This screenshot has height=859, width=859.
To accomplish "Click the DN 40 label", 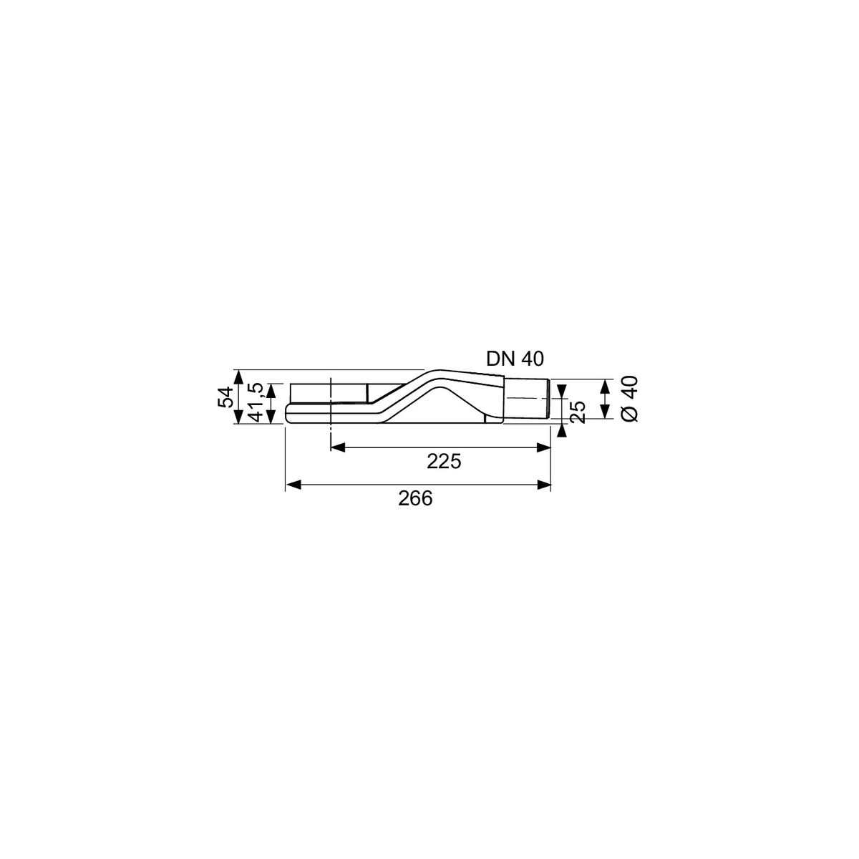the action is coord(515,359).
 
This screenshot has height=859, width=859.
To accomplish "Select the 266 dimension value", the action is coord(415,498).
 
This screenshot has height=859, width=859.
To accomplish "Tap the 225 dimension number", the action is coord(444,462).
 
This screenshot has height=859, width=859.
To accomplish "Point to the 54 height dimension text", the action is coord(225,397).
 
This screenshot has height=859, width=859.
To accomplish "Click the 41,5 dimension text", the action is coord(257,402).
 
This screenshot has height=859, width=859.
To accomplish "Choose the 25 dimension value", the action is coord(578,412).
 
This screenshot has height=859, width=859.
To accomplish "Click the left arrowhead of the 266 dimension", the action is coord(293,485).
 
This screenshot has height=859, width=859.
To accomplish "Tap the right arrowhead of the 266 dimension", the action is coord(543,485).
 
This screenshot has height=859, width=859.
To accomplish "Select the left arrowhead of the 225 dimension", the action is coord(338,447).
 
